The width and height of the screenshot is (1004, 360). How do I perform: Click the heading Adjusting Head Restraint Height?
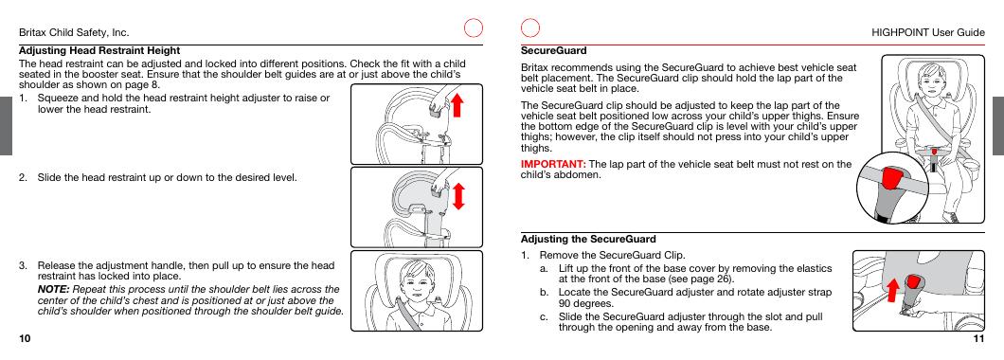(x=100, y=49)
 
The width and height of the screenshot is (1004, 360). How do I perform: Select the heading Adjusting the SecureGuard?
(x=588, y=239)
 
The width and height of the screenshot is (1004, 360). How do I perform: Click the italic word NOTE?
(x=53, y=288)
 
